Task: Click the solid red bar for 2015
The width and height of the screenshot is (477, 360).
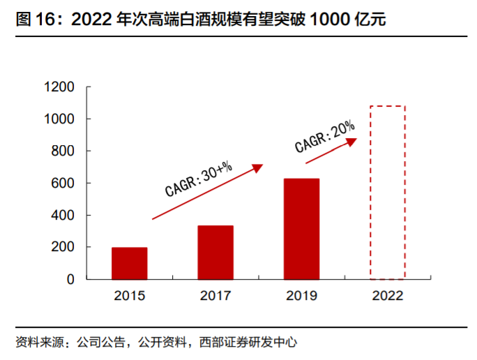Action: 129,263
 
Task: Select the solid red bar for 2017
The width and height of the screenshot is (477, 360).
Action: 215,252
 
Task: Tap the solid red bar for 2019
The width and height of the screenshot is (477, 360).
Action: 301,229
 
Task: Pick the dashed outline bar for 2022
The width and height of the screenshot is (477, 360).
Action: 387,193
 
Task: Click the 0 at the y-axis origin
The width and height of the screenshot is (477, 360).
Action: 70,279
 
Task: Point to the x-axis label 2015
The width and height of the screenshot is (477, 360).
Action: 129,296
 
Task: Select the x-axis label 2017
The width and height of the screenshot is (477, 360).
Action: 215,296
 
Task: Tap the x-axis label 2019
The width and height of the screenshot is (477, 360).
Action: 301,296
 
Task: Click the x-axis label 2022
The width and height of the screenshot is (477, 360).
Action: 387,296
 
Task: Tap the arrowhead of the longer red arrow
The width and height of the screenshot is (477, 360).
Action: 258,167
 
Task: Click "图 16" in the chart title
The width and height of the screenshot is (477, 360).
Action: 33,19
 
